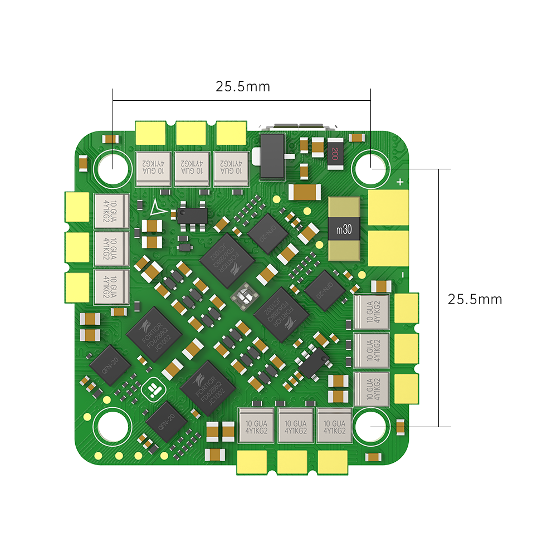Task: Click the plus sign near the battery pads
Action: pos(399,182)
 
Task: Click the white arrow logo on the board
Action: pos(158,207)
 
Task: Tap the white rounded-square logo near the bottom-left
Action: pos(153,390)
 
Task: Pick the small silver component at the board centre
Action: pos(245,296)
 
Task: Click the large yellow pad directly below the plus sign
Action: pos(388,209)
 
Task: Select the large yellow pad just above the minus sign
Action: pos(388,248)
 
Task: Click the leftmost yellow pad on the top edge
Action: pos(151,133)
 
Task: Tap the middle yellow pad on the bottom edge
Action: pos(292,461)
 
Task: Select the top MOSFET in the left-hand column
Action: pos(111,209)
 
